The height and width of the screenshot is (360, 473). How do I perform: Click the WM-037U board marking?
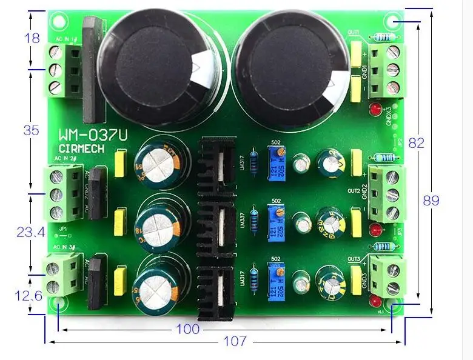point(92,136)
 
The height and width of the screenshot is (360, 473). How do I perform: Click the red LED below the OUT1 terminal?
point(375,110)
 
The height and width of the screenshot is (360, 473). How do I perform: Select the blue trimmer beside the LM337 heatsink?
point(277,215)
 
